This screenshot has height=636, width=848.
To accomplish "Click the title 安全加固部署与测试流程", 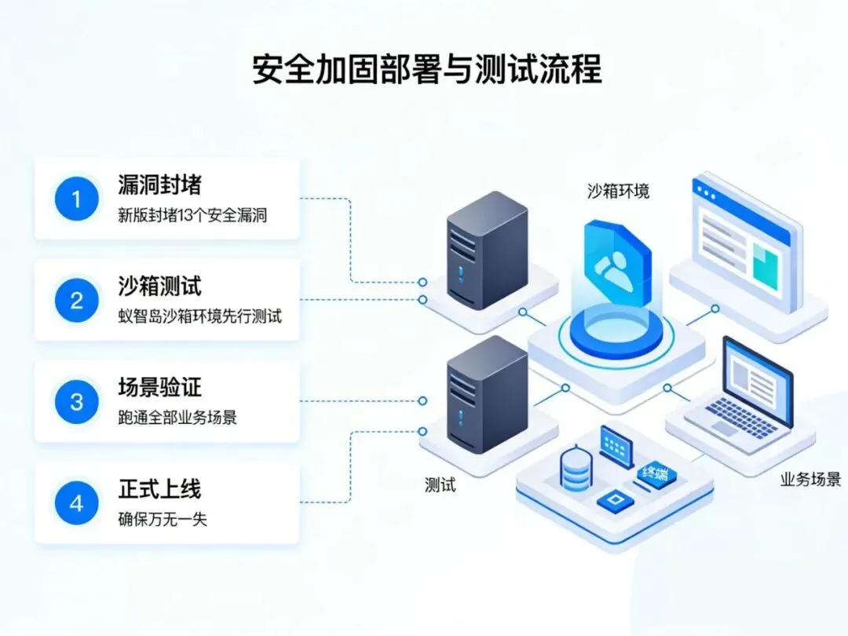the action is tap(426, 69).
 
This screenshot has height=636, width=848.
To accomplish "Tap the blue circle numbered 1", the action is tap(76, 199).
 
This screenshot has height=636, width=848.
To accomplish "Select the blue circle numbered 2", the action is tap(76, 301).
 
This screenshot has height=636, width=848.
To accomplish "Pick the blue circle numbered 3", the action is tap(76, 402).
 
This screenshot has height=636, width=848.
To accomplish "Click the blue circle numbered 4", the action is tap(76, 503).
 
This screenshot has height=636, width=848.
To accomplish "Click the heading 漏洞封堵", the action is tap(159, 185).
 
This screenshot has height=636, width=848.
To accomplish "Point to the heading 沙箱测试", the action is tap(159, 286).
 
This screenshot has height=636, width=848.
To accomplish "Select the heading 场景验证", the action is tap(159, 387).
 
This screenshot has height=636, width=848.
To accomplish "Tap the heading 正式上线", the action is tap(159, 488).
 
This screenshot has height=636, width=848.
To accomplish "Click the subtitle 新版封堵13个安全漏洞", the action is tap(192, 215).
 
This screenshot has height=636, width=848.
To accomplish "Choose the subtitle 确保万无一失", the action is tap(163, 519).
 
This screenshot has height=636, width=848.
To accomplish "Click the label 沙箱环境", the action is tap(618, 191).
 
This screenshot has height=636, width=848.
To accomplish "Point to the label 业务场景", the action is tap(810, 479).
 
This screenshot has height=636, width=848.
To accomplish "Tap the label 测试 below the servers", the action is tap(440, 484).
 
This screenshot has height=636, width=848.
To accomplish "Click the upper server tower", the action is tap(486, 250).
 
